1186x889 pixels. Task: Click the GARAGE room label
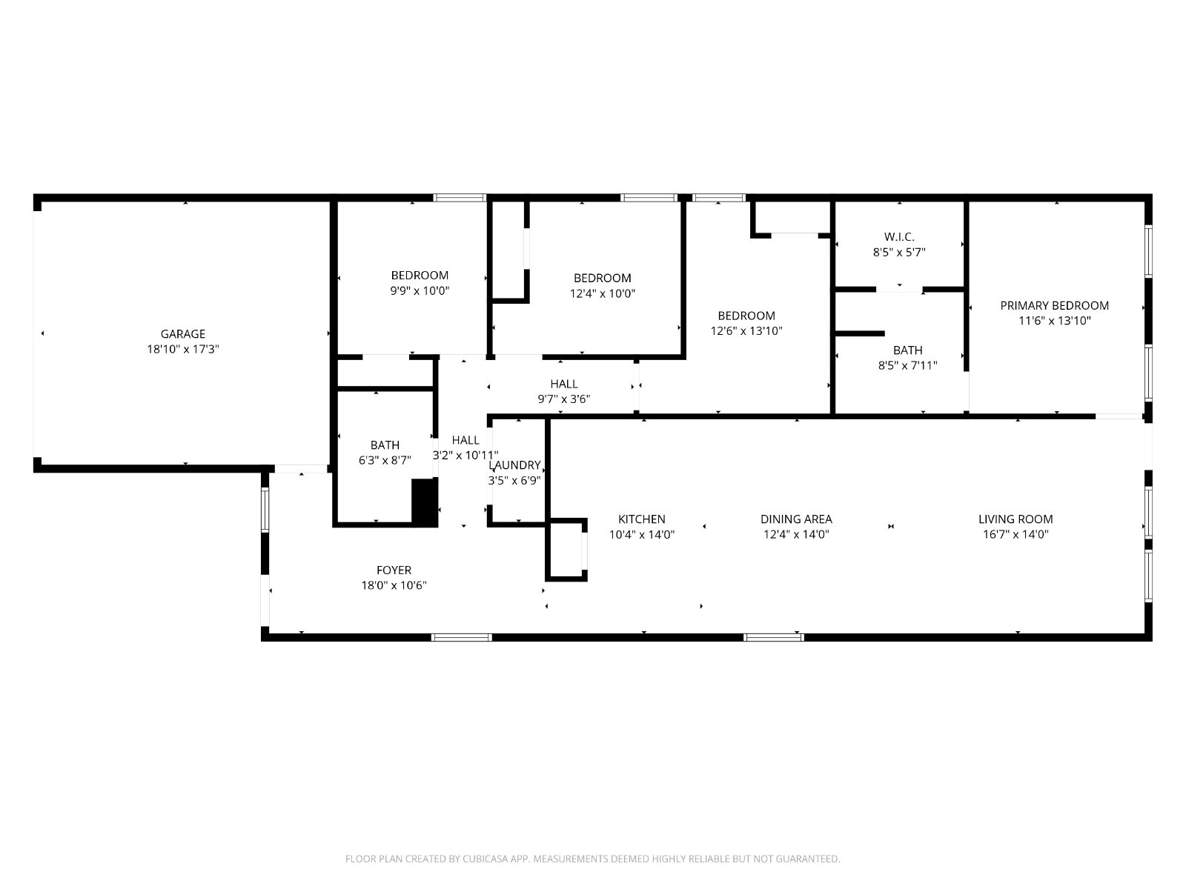point(182,334)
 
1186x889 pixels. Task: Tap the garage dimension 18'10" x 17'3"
point(182,349)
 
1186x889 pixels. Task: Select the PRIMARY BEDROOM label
point(1054,305)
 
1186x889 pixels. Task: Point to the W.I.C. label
point(899,237)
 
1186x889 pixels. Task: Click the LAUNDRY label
point(514,465)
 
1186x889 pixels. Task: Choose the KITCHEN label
point(641,519)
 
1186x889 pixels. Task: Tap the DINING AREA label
point(796,519)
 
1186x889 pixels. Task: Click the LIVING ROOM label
point(1016,519)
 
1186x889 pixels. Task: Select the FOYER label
point(394,570)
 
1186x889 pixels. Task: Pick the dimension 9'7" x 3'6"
point(563,399)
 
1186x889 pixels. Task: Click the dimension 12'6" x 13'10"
point(746,331)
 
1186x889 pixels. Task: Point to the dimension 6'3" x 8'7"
point(385,460)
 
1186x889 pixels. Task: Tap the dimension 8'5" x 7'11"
point(907,365)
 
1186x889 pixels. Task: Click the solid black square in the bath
point(424,502)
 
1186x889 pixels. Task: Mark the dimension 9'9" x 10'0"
point(420,291)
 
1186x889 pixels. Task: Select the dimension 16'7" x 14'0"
point(1016,534)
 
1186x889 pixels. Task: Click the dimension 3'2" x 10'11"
point(466,456)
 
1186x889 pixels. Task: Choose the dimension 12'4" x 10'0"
point(602,293)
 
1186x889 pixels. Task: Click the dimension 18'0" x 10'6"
point(394,585)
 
